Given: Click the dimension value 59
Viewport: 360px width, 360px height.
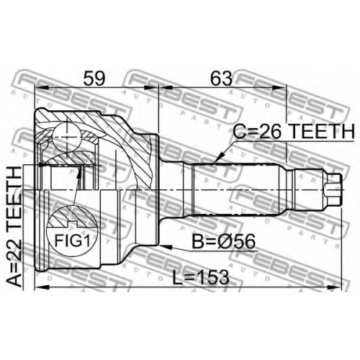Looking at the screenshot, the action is [x=94, y=78].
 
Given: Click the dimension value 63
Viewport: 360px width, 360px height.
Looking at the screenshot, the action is [x=221, y=78].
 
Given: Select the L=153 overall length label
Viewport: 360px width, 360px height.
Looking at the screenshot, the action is [x=201, y=277].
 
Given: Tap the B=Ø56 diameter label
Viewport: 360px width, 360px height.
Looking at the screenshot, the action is [x=224, y=242].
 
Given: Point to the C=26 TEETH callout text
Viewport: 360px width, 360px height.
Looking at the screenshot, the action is [x=294, y=131].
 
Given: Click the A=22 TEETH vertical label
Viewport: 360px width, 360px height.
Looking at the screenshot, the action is [x=14, y=227].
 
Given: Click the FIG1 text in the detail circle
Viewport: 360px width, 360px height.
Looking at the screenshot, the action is [x=73, y=240].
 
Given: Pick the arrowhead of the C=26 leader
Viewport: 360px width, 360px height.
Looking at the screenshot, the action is [x=217, y=159].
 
